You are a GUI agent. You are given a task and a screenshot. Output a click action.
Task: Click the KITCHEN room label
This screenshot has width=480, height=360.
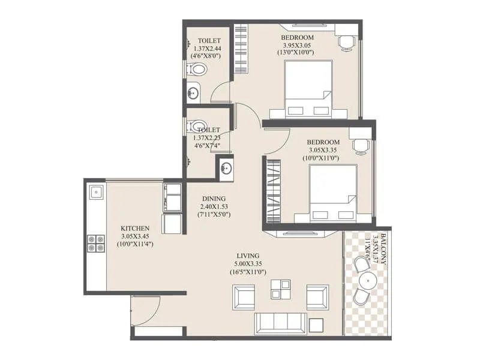[134, 229]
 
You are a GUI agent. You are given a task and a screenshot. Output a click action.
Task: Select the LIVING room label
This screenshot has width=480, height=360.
[248, 256]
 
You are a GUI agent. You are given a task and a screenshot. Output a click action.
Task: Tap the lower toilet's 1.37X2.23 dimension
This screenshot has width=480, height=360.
[206, 137]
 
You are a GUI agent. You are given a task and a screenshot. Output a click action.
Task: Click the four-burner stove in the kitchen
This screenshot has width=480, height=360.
[96, 243]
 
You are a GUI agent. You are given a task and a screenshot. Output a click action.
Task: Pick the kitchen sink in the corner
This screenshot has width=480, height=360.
[96, 193]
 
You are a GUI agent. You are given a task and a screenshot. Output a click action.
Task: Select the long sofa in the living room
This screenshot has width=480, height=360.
[280, 323]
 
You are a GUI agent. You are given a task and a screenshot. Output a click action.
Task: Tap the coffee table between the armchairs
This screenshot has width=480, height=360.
[280, 289]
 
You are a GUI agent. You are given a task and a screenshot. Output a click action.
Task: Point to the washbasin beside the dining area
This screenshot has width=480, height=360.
[226, 168]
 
